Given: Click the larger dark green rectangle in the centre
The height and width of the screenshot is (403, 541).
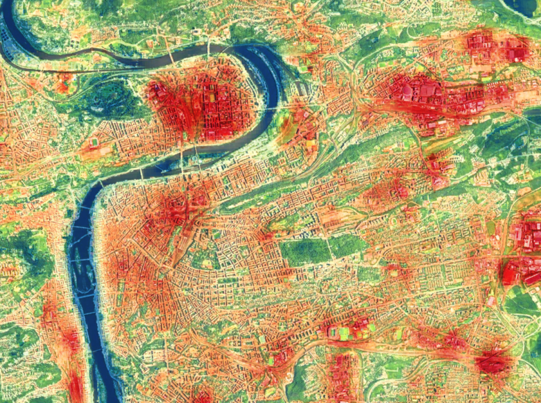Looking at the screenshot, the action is pyautogui.click(x=305, y=251).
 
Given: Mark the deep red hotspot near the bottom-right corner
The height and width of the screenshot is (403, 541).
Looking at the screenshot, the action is pyautogui.click(x=492, y=362).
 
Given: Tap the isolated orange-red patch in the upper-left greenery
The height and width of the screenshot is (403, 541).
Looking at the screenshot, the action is pyautogui.click(x=63, y=84).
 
